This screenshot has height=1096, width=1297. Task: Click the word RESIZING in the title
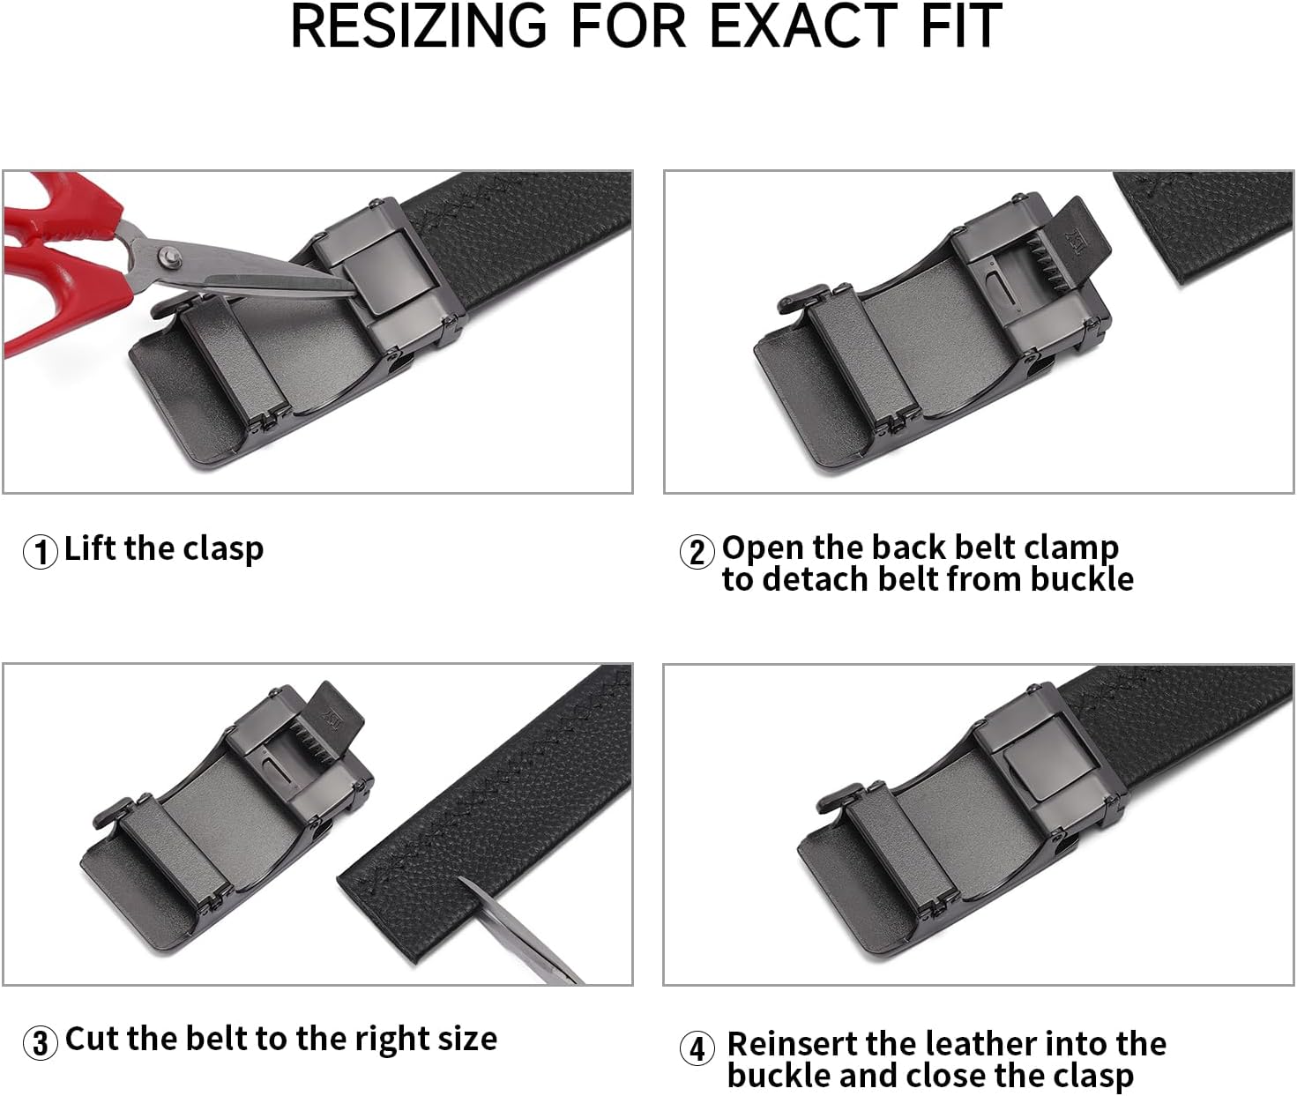[418, 26]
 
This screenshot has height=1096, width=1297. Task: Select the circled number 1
[40, 552]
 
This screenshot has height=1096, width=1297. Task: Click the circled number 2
[697, 552]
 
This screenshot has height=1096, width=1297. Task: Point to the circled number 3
[40, 1043]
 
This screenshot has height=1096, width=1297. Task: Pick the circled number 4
[697, 1049]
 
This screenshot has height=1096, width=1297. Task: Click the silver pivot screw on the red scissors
[168, 257]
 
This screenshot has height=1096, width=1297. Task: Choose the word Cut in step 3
[92, 1039]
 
